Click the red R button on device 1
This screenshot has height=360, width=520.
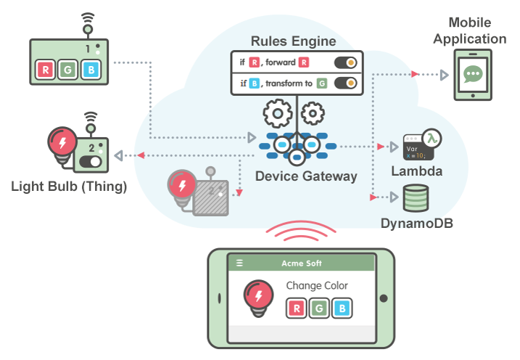tap(46, 70)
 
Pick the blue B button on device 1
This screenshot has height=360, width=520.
tap(90, 70)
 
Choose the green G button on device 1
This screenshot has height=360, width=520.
tap(68, 70)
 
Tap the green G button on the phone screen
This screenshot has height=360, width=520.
tap(318, 308)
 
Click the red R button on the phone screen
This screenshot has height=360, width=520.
tap(295, 308)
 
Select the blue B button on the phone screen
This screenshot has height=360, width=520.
tap(340, 308)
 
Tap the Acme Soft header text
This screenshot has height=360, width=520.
tap(302, 263)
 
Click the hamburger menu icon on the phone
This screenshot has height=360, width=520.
tap(240, 263)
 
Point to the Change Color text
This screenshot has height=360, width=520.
tap(317, 285)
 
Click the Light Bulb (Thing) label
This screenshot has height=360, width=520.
tap(69, 187)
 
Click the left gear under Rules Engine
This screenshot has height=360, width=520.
tap(277, 113)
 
